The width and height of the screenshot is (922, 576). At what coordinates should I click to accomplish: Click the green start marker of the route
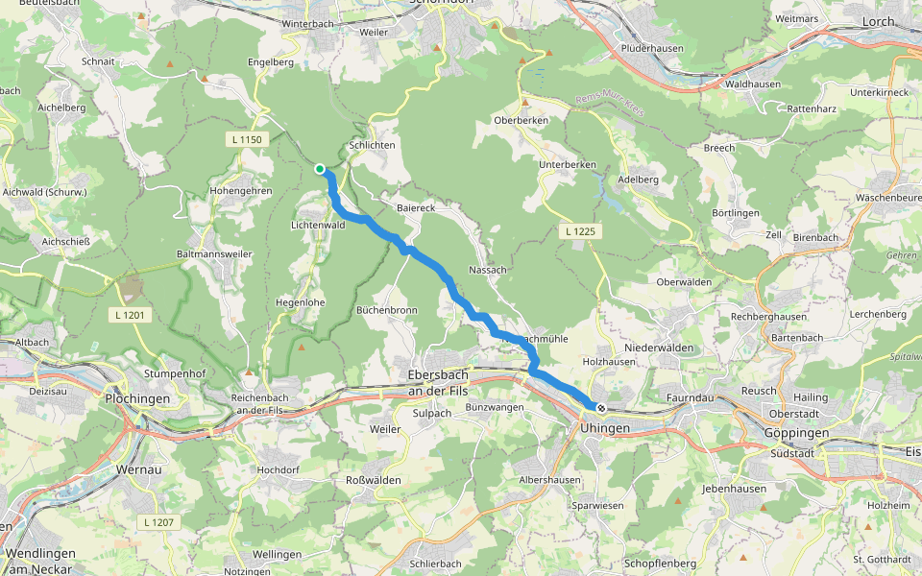tap(320, 169)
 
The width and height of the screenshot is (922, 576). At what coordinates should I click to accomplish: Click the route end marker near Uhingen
tap(601, 408)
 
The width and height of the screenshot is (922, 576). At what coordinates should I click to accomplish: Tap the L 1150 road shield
tap(246, 140)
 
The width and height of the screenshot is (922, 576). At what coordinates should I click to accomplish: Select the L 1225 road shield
tap(579, 231)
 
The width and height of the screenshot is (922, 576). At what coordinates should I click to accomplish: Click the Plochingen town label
tap(137, 398)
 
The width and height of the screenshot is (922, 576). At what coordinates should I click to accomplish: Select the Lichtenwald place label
tap(318, 225)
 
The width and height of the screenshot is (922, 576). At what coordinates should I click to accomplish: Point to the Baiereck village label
tap(416, 207)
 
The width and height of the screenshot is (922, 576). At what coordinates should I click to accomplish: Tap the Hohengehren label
tap(241, 191)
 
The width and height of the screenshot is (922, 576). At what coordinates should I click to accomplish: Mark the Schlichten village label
tap(373, 145)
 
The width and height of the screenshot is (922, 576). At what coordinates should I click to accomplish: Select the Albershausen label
tap(549, 479)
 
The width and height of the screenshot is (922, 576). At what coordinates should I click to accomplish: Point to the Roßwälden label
tap(374, 479)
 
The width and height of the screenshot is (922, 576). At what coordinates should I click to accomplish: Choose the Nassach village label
tap(488, 271)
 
